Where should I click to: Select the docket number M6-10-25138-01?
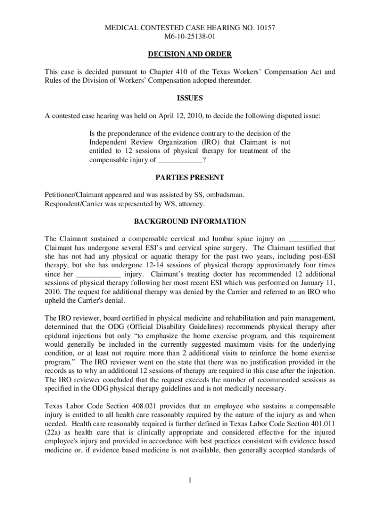(x=190, y=36)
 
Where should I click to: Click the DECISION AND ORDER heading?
(x=190, y=54)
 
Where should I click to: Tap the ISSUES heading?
(x=190, y=98)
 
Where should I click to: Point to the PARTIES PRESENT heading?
(x=190, y=177)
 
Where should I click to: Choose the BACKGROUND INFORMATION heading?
(x=190, y=221)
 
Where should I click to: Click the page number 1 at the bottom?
(x=190, y=481)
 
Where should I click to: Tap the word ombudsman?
(x=227, y=195)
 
